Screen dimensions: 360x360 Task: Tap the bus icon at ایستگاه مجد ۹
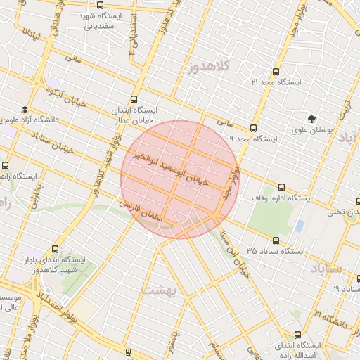[x=254, y=128]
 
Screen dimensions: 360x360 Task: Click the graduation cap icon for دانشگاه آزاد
[x=25, y=110]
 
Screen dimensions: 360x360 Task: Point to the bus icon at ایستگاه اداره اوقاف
[x=282, y=187]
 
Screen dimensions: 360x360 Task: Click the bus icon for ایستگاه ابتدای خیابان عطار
[x=134, y=100]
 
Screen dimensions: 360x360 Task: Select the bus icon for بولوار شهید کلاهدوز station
[x=56, y=249]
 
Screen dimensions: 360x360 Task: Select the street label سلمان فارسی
[x=141, y=210]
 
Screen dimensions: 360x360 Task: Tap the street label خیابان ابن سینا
[x=233, y=250]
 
